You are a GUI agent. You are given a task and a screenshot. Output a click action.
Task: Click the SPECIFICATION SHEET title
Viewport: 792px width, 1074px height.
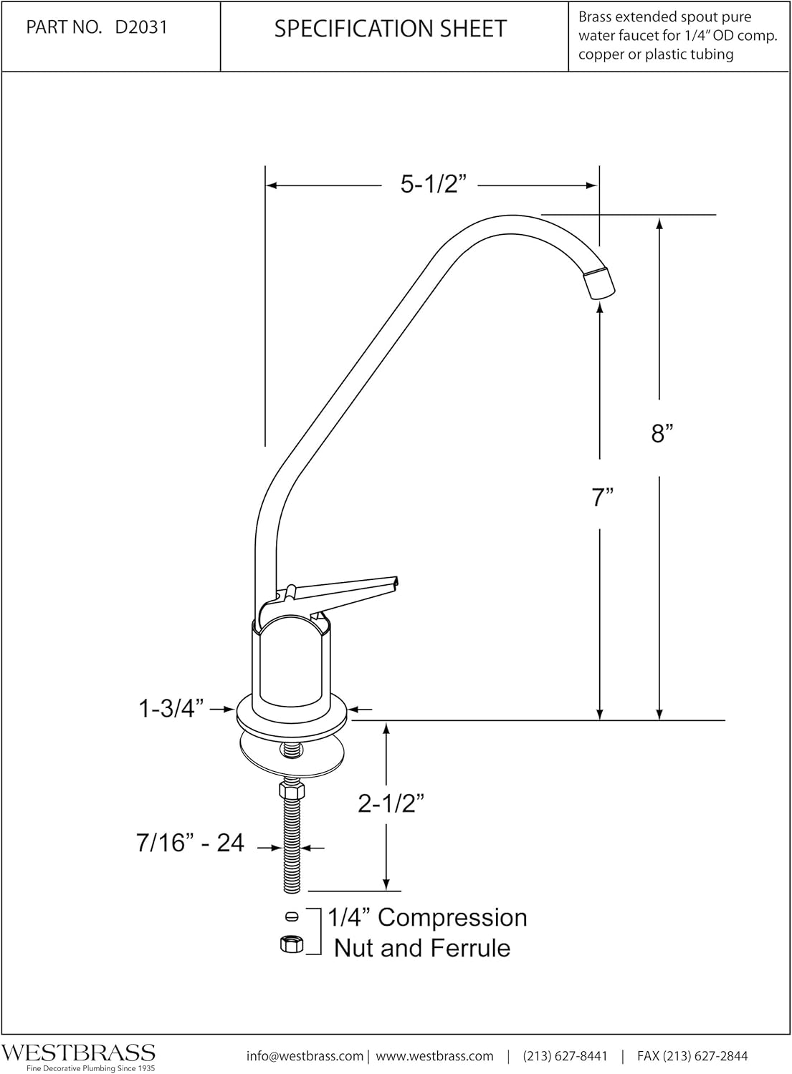(391, 29)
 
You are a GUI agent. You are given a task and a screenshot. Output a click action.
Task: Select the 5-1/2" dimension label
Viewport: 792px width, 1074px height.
(429, 185)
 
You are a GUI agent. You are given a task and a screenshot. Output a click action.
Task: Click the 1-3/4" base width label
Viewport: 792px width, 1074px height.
(171, 709)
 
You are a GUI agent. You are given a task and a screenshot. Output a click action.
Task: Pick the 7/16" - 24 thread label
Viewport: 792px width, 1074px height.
(191, 843)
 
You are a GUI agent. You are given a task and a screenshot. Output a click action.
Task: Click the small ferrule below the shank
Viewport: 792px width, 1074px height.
(292, 916)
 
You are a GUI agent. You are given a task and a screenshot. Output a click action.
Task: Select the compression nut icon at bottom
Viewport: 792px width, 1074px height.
(290, 944)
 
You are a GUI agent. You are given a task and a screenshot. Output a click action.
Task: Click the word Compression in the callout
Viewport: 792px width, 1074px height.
(452, 917)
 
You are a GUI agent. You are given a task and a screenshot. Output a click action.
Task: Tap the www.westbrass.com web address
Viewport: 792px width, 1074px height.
(435, 1055)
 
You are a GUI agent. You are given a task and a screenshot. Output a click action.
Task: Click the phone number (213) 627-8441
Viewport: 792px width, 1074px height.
(566, 1055)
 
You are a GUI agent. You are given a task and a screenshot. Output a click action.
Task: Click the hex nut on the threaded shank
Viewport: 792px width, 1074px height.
(290, 790)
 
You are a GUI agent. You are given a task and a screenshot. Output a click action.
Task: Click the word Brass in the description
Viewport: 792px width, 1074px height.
(598, 17)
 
